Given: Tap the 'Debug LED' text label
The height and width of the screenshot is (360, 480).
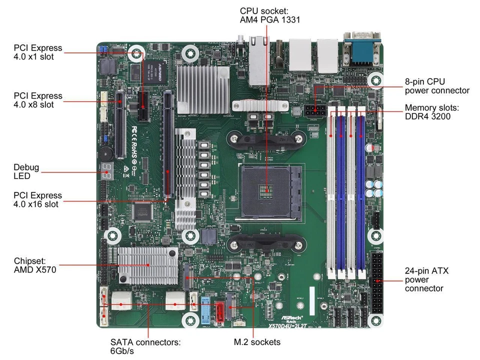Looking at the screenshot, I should coord(27,171).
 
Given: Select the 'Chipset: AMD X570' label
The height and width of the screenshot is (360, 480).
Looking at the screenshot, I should coord(35,265).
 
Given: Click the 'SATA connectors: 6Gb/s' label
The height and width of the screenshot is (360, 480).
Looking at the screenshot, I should coord(145,347).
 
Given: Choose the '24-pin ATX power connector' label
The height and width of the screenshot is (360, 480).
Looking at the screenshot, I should coord(426,279).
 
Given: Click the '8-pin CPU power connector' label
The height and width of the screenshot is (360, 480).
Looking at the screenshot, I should coord(436,85).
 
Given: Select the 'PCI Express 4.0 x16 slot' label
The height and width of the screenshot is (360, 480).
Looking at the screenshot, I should coord(38,199).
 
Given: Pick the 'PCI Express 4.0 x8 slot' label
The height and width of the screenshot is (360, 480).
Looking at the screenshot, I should coord(38,100).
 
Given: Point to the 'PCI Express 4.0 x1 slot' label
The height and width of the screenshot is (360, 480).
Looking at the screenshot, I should coord(38,52).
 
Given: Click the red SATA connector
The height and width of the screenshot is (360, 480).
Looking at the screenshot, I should coord(220,310).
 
